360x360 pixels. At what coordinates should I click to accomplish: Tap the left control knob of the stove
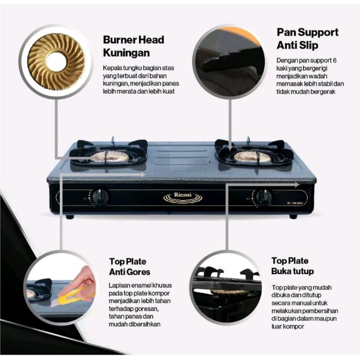[x=101, y=196]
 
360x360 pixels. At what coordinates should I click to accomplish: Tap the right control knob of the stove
[x=264, y=197]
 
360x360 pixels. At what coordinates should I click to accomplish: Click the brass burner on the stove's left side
[x=110, y=157]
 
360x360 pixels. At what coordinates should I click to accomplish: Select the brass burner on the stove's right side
[x=252, y=157]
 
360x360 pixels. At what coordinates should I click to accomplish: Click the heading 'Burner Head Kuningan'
[x=133, y=46]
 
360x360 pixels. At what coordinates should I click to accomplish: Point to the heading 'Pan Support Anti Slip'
[x=307, y=38]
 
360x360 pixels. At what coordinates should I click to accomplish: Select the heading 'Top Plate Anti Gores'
[x=129, y=266]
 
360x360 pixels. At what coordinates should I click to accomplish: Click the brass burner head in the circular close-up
[x=56, y=61]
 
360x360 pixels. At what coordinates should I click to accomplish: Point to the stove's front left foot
[x=70, y=216]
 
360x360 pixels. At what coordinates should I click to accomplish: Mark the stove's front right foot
[x=294, y=216]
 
